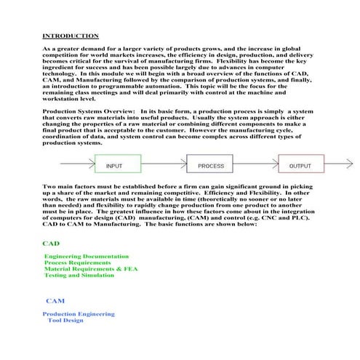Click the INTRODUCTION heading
(71, 36)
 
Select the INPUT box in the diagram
(114, 167)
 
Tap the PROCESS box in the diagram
(211, 167)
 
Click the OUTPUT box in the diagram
(300, 167)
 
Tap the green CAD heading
(51, 244)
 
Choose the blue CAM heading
(55, 300)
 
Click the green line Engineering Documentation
(87, 257)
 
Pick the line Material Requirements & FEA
(90, 270)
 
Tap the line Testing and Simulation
(80, 276)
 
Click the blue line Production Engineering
(79, 313)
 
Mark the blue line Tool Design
(65, 320)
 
